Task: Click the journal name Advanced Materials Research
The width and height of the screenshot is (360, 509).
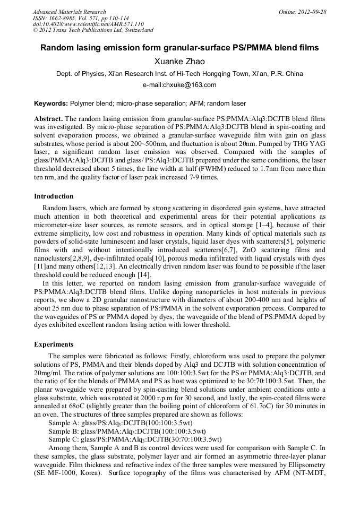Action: click(70, 12)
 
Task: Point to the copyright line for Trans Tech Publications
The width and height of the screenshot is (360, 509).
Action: click(93, 31)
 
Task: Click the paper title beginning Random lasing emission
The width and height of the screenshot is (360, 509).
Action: click(179, 48)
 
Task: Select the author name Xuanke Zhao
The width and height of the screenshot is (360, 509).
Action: click(179, 62)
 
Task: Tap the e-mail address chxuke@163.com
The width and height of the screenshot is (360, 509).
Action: click(179, 85)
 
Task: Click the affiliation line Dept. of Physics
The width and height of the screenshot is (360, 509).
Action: click(179, 74)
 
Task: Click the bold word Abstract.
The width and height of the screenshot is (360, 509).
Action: click(48, 118)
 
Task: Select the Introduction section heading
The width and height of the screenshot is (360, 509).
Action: click(54, 196)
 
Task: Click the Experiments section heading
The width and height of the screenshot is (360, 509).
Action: click(54, 344)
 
